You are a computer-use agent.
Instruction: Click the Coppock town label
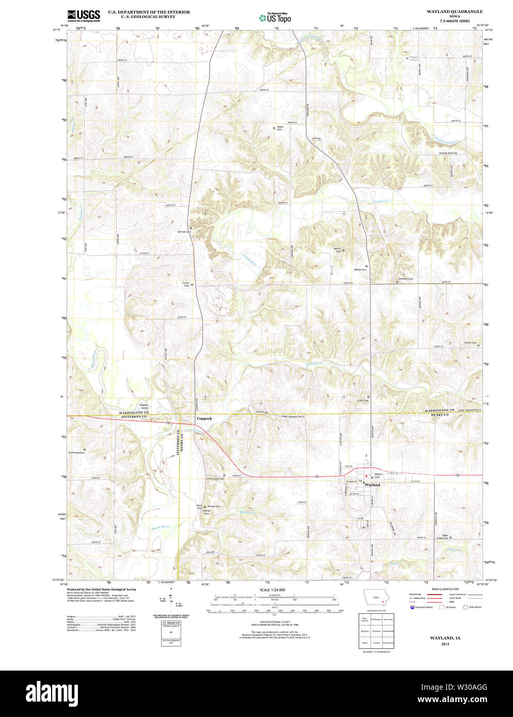(x=204, y=418)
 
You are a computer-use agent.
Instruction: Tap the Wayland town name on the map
(x=372, y=485)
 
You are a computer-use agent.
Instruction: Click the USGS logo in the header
(x=84, y=15)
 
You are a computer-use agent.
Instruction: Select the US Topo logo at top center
(x=275, y=18)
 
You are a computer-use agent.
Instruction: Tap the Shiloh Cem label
(x=279, y=128)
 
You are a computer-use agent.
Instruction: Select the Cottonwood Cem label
(x=215, y=479)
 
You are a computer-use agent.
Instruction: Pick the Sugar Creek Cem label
(x=442, y=537)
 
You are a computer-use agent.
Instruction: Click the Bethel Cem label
(x=360, y=269)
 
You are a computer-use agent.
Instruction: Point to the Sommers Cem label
(x=405, y=279)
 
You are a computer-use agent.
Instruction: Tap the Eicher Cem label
(x=470, y=343)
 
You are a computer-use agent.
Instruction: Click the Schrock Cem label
(x=184, y=232)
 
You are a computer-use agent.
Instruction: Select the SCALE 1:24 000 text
(x=272, y=590)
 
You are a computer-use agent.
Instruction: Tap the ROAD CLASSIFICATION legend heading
(x=445, y=589)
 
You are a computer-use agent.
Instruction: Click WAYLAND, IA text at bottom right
(x=445, y=638)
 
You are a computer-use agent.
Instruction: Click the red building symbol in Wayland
(x=366, y=476)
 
